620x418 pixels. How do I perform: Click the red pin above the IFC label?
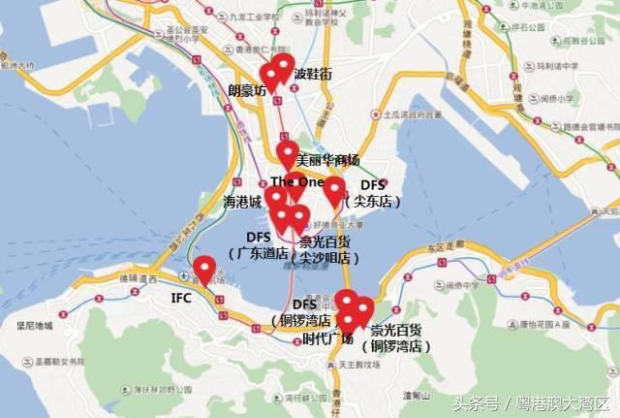[x=204, y=269]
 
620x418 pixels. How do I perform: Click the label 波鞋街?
[x=313, y=74]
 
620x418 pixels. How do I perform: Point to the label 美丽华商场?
[x=327, y=160]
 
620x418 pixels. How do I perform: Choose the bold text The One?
[x=296, y=181]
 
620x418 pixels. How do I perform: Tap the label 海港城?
[x=242, y=203]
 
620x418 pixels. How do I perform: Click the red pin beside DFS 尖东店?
[x=334, y=190]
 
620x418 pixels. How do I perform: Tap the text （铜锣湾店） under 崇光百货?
[x=396, y=345]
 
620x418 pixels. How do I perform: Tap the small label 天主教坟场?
[x=358, y=366]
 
